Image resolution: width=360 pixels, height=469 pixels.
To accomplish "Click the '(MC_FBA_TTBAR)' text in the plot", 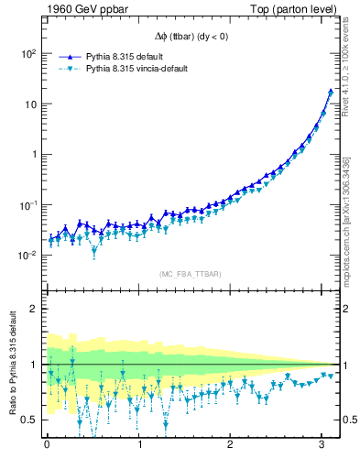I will point(191,272).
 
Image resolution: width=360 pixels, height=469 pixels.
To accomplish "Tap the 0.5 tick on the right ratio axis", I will point(348,420).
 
